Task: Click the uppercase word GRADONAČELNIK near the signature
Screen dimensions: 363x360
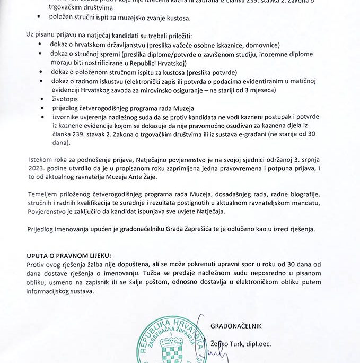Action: click(236, 325)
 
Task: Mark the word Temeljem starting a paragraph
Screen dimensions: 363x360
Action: click(41, 194)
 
